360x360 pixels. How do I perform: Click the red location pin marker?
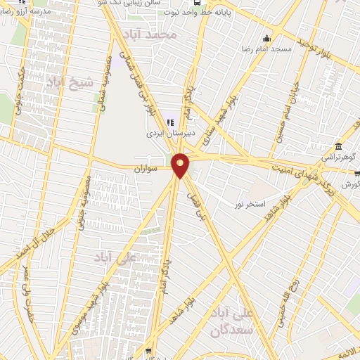181,165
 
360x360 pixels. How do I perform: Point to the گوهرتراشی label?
339,157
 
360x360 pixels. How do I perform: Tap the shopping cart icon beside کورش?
356,174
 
